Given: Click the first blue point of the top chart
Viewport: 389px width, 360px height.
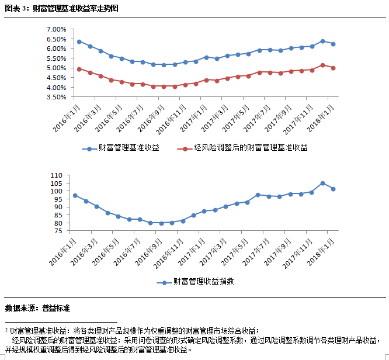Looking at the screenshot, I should pos(79,41).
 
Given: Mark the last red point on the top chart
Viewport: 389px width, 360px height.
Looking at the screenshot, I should pos(333,68).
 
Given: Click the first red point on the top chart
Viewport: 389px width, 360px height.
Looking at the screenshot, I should pos(79,69).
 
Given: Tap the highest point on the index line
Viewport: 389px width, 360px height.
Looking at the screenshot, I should pos(322,183).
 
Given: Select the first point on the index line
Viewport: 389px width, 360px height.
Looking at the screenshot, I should pos(75,195).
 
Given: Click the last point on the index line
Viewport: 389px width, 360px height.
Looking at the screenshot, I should pos(333,189).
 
